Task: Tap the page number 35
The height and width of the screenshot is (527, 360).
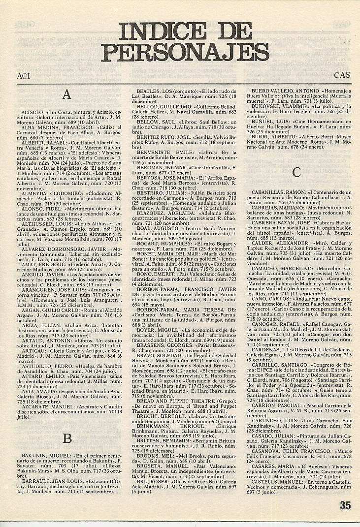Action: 345,507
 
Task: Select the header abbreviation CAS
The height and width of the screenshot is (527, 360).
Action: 342,76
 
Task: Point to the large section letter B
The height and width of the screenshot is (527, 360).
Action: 67,438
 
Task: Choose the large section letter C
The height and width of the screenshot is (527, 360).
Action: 296,172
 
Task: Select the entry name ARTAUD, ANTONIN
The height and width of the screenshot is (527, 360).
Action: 43,311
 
